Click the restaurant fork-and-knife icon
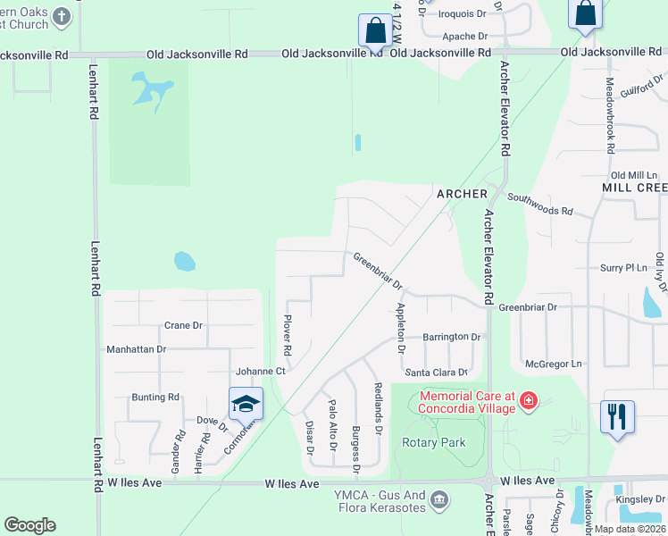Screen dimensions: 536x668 618,417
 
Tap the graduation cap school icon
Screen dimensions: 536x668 246,404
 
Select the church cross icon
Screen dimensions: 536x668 61,15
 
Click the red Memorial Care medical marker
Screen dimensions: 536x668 529,399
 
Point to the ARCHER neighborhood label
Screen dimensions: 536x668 462,194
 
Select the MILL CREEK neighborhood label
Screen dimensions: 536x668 635,188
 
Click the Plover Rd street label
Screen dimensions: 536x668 288,332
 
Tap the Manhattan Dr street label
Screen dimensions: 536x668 136,349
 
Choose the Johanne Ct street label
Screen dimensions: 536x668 260,371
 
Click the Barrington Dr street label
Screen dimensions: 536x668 452,337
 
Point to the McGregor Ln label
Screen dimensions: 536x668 553,364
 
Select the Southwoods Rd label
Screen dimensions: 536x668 539,210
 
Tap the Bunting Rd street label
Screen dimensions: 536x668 155,397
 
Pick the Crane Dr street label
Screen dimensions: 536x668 183,326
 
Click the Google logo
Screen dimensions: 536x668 29,525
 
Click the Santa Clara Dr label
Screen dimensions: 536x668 437,372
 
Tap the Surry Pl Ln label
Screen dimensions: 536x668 622,267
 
